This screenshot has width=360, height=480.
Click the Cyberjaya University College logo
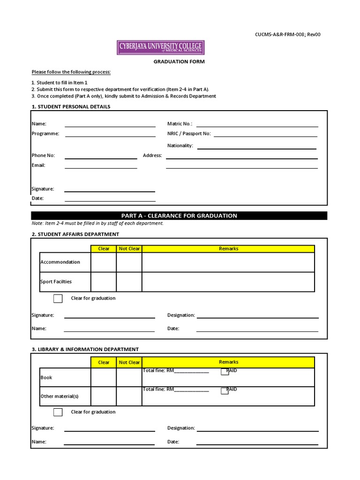tap(160, 47)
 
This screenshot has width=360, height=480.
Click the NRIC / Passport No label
tap(189, 134)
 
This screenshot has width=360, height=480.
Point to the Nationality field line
tap(256, 148)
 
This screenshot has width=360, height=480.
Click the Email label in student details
tap(38, 165)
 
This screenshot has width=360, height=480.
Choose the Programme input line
tap(110, 136)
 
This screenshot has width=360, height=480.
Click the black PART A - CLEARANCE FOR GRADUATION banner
tap(179, 216)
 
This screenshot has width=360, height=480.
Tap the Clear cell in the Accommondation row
tap(104, 262)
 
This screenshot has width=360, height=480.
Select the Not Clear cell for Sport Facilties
tap(129, 282)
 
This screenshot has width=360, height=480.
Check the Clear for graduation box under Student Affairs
tap(58, 299)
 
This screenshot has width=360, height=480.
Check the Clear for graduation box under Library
tap(58, 412)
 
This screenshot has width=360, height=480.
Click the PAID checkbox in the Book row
tap(225, 372)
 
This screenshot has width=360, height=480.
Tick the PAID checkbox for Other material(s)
tap(225, 391)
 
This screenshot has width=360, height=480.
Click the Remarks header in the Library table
tap(228, 362)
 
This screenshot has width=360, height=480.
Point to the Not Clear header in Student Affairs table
tap(129, 248)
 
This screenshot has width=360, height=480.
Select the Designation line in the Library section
tap(257, 430)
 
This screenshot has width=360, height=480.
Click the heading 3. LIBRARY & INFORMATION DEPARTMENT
tap(85, 349)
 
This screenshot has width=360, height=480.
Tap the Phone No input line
tap(101, 158)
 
